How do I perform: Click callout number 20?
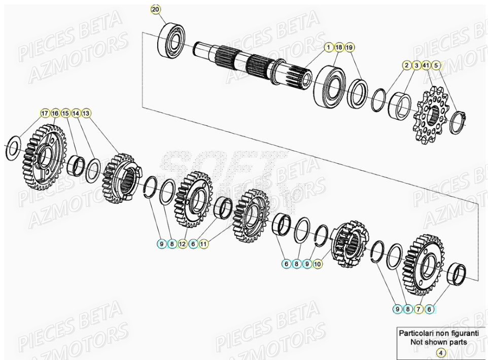tap(156, 10)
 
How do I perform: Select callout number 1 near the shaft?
tap(329, 47)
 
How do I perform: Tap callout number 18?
tap(339, 47)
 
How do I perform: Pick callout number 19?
tap(350, 47)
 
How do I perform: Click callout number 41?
tap(426, 65)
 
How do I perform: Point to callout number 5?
tap(436, 65)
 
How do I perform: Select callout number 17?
tap(45, 113)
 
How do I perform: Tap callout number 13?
tap(86, 113)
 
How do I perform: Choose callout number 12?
tap(183, 244)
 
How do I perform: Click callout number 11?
tap(203, 244)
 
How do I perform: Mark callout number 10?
tap(317, 264)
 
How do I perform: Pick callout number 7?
tap(419, 308)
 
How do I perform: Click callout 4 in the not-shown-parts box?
tap(440, 352)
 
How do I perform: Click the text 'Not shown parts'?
tap(439, 342)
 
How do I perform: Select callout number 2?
tap(406, 65)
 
